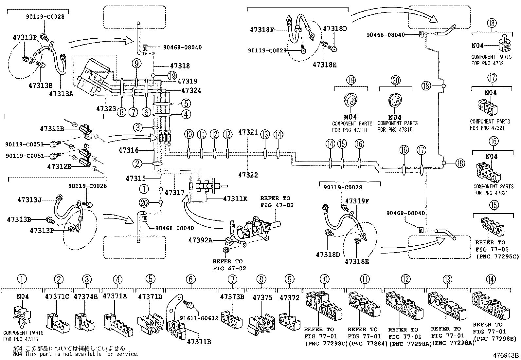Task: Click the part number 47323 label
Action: tap(106, 108)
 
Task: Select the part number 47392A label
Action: tap(200, 240)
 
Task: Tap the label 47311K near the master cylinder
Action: tap(235, 199)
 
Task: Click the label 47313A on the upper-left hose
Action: tap(61, 94)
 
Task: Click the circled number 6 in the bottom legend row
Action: tap(191, 279)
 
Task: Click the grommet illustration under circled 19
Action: tap(350, 101)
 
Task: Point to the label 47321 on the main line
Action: tap(248, 132)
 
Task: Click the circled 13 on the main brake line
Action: tap(265, 135)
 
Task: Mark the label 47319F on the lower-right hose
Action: tap(357, 201)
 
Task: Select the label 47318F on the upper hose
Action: tap(261, 30)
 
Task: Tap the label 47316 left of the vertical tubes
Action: tap(129, 150)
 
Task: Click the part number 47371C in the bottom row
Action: tap(57, 296)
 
